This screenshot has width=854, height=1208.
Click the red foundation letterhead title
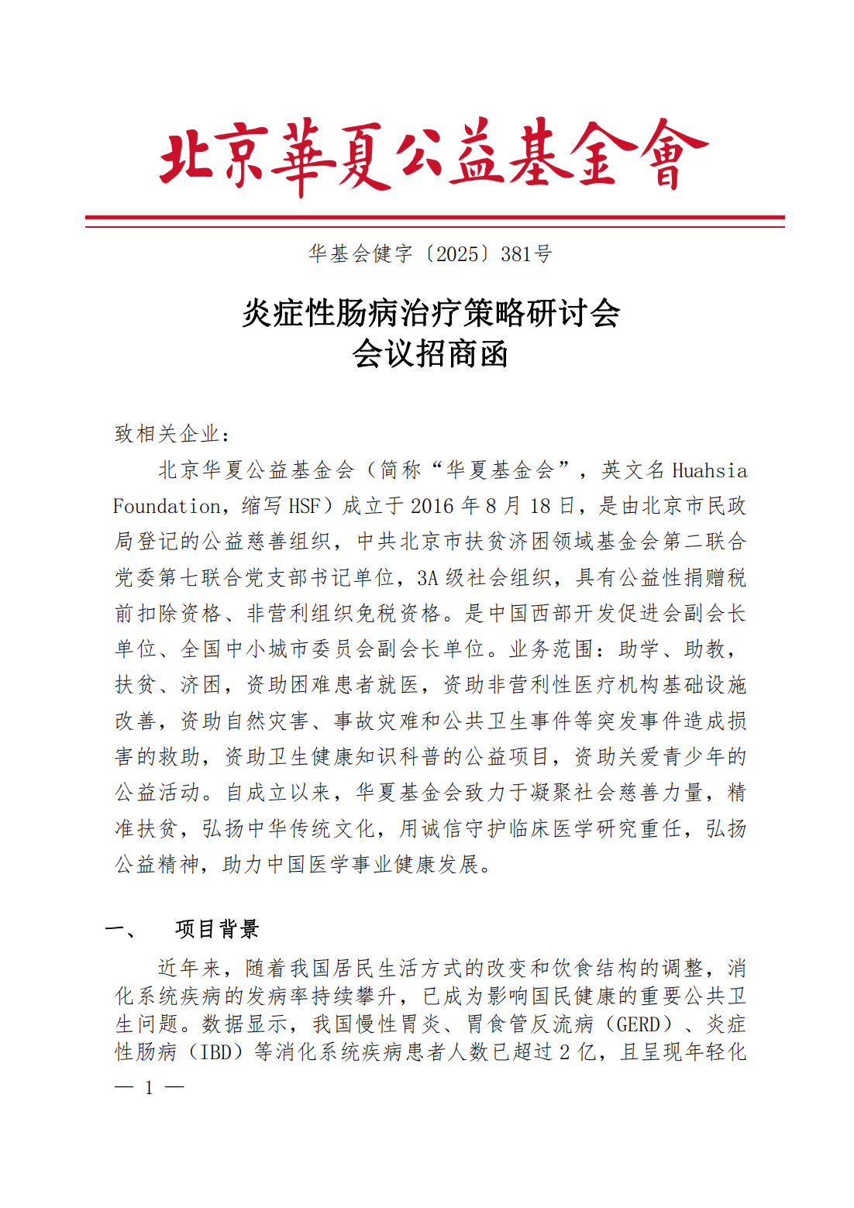pyautogui.click(x=433, y=156)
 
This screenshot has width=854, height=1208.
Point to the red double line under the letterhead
pyautogui.click(x=435, y=221)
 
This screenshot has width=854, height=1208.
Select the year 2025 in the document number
pyautogui.click(x=457, y=254)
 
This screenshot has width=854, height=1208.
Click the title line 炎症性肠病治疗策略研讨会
pyautogui.click(x=431, y=314)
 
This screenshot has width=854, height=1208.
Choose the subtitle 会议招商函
pyautogui.click(x=430, y=354)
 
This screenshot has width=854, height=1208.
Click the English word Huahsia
pyautogui.click(x=709, y=471)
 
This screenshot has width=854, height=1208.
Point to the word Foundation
pyautogui.click(x=167, y=507)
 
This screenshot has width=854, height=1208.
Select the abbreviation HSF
pyautogui.click(x=304, y=507)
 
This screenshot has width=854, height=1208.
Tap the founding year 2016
pyautogui.click(x=432, y=507)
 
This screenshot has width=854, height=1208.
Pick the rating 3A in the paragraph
pyautogui.click(x=428, y=578)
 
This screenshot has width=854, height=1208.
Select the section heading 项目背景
pyautogui.click(x=217, y=928)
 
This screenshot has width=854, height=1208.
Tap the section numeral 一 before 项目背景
pyautogui.click(x=119, y=928)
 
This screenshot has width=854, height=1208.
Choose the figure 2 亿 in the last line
pyautogui.click(x=577, y=1052)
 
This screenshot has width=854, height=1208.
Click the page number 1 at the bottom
pyautogui.click(x=149, y=1088)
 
